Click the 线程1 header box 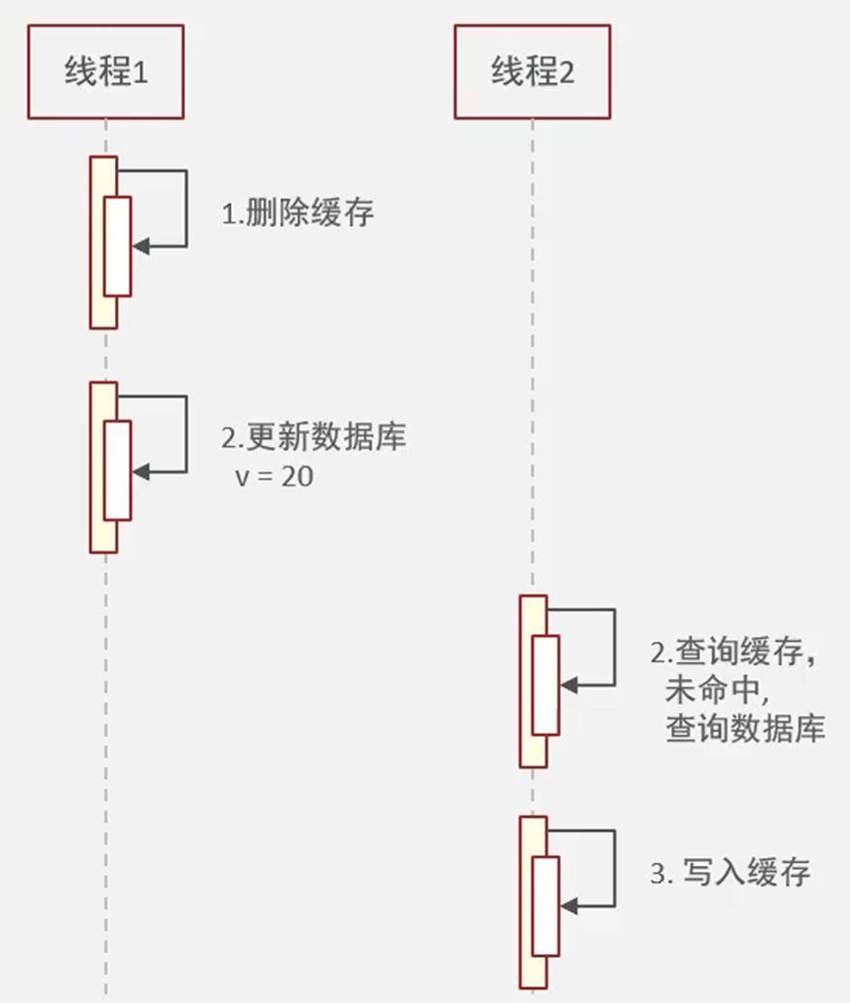point(105,72)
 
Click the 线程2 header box point(532,72)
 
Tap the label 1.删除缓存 point(297,213)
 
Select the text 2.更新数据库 point(313,437)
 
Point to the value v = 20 point(273,476)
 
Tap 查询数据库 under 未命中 point(745,729)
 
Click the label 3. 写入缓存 point(729,874)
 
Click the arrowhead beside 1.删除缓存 point(141,247)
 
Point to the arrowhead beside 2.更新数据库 point(141,472)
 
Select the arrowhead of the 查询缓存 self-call point(569,684)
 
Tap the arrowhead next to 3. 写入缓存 point(569,906)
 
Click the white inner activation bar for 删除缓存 point(117,246)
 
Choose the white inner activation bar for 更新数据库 point(117,470)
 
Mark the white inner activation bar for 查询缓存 point(546,684)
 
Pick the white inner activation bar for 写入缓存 point(546,905)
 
